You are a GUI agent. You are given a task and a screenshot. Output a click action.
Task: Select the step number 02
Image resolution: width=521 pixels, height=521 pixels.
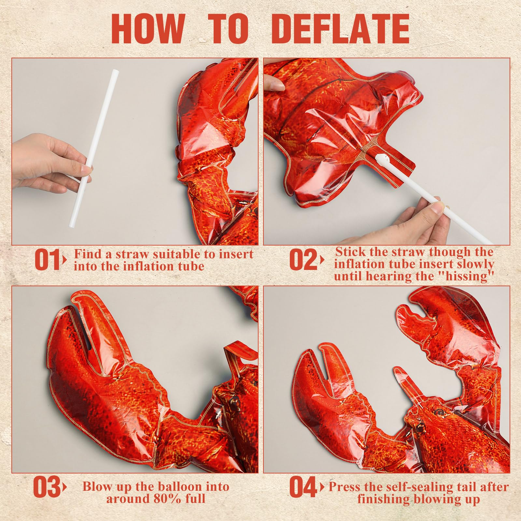pyautogui.click(x=303, y=260)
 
